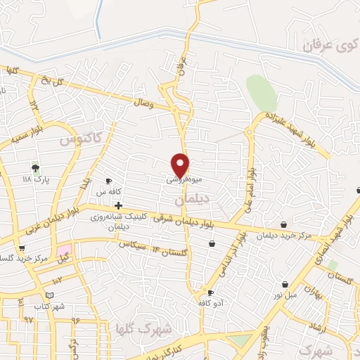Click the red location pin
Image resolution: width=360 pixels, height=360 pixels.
[181, 164]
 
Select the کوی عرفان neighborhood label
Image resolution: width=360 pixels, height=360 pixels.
[326, 46]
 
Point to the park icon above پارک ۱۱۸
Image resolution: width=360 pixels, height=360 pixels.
[34, 167]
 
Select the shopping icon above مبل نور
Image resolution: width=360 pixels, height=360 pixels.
[285, 284]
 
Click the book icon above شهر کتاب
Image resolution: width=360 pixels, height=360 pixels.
[49, 295]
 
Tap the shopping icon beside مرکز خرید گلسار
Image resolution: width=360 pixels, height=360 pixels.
[21, 248]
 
